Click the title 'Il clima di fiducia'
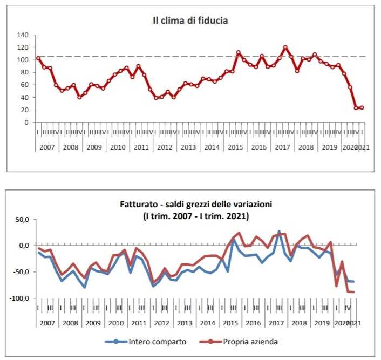pos(190,21)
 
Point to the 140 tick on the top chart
pos(23,35)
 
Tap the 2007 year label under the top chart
pos(48,147)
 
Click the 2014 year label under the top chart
pos(212,147)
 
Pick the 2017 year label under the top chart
pos(283,147)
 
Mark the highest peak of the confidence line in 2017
pos(285,47)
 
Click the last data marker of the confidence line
pos(362,107)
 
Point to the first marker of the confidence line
pos(38,58)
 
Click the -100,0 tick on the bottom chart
pos(19,298)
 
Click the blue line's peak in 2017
pos(279,232)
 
